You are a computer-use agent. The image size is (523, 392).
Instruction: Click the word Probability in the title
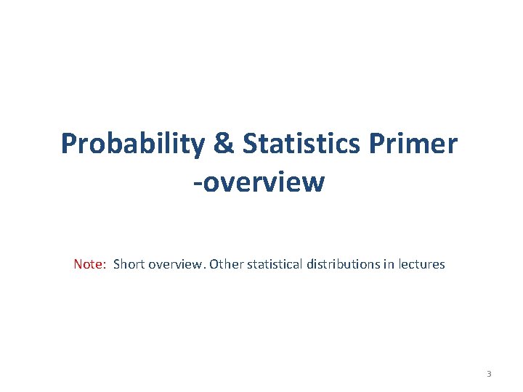[x=132, y=144]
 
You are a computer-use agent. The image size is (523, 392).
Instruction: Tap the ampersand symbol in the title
[x=225, y=144]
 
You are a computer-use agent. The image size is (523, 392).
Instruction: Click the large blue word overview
[x=263, y=181]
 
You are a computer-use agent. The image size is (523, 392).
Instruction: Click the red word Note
[x=89, y=264]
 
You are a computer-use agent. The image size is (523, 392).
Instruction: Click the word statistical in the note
[x=276, y=264]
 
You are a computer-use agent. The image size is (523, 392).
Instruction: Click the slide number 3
[x=489, y=374]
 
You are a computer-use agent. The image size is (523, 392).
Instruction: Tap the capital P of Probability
[x=69, y=144]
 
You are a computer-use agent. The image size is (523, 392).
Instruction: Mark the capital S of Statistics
[x=251, y=144]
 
